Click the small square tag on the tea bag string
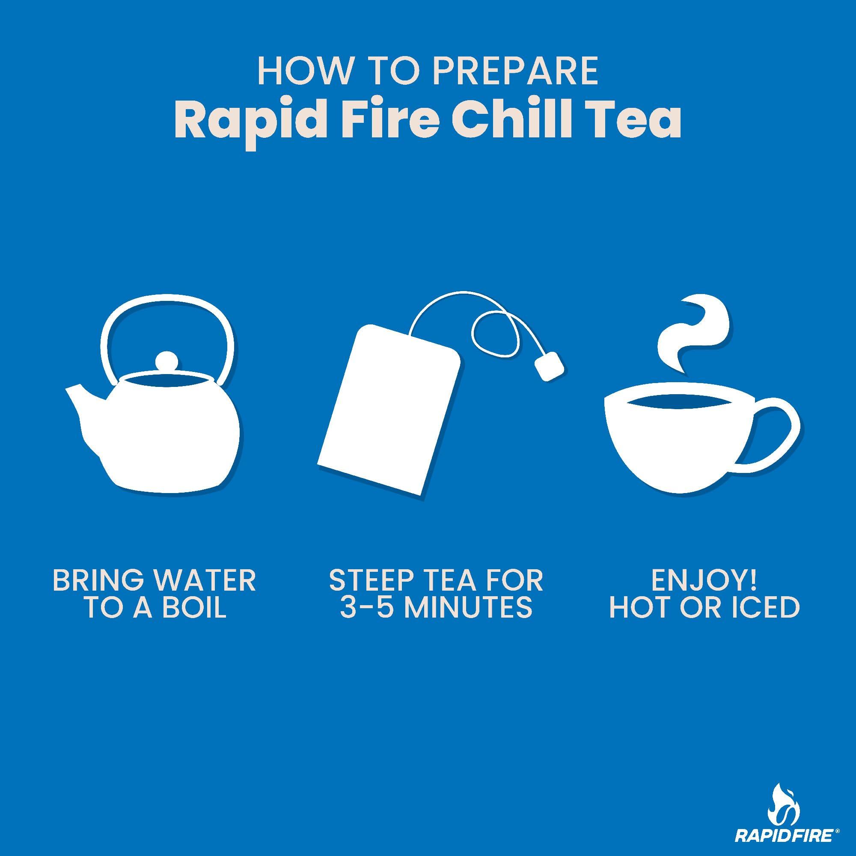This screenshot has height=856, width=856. coord(550,366)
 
